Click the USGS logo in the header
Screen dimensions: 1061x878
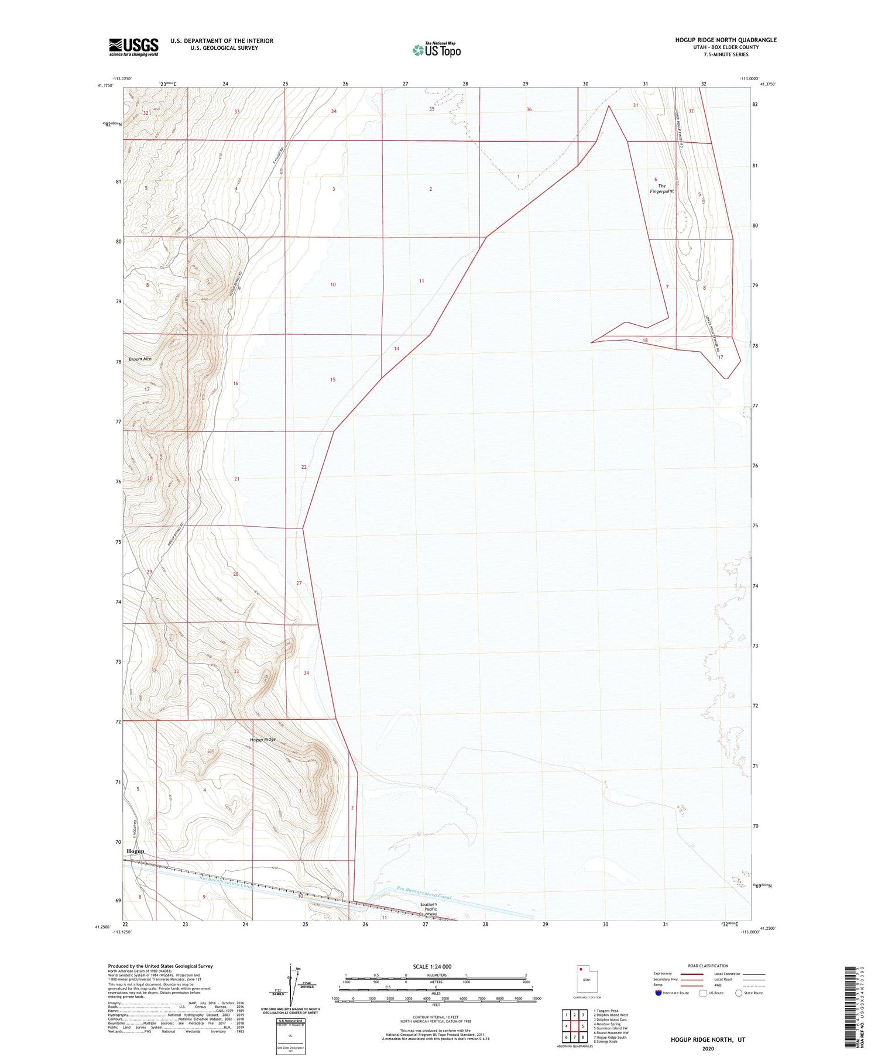pos(133,47)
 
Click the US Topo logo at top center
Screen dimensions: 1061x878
pos(436,50)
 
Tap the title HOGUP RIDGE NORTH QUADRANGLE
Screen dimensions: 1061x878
pos(726,40)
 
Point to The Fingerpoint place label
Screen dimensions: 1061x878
pos(661,188)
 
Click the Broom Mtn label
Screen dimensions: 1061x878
pos(140,359)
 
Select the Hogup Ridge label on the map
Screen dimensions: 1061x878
pos(262,740)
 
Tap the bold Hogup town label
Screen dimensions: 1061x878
pos(135,851)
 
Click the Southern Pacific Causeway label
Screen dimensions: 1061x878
pos(428,909)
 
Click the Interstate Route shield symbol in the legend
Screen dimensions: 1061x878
pos(658,993)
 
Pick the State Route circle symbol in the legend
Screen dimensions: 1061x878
pos(739,993)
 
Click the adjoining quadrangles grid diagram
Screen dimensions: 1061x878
pos(574,1026)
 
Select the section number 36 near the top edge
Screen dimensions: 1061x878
pos(529,109)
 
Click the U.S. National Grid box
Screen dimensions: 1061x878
pos(290,1036)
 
